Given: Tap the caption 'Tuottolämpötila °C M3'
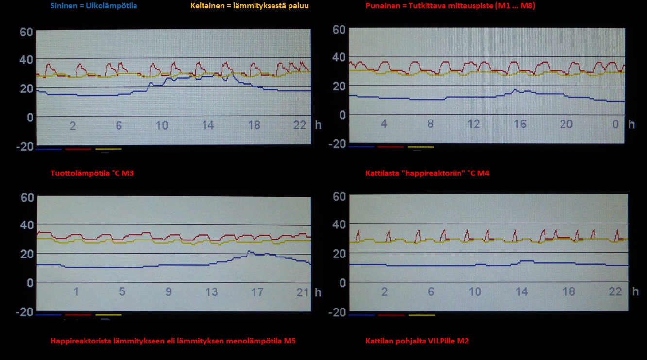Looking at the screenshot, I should [x=92, y=173].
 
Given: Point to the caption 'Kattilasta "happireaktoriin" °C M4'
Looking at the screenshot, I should [x=427, y=173].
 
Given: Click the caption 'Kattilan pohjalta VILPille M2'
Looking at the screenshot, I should [x=417, y=341].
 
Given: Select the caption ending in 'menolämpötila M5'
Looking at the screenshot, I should [x=173, y=341].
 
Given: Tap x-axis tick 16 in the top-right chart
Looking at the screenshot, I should [x=520, y=124].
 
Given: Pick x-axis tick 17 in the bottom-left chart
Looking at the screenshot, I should [x=257, y=292].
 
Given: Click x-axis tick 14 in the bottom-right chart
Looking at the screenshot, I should [x=521, y=291].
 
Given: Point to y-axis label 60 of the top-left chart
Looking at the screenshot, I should [x=26, y=33].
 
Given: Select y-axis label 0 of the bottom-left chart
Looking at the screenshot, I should [x=29, y=283].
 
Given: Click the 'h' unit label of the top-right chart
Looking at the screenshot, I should [x=631, y=124].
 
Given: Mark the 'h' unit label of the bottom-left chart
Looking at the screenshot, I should [x=318, y=292].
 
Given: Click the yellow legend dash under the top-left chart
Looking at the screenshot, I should [x=108, y=149].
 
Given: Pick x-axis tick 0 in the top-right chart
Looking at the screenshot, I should [x=615, y=124].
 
